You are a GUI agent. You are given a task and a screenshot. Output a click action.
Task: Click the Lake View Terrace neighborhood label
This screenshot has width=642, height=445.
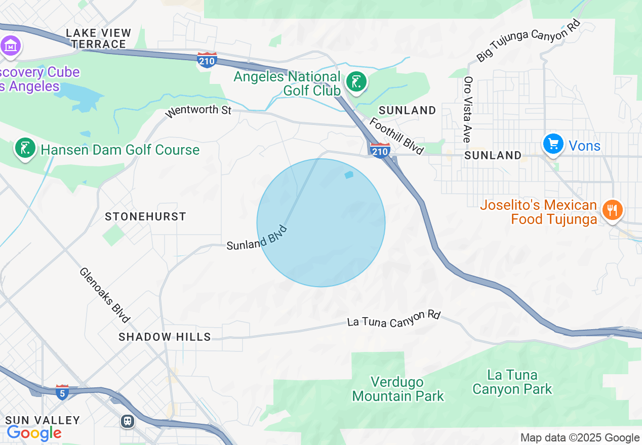pyautogui.click(x=98, y=38)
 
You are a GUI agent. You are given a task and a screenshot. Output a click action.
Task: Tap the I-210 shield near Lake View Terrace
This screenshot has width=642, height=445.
pyautogui.click(x=207, y=60)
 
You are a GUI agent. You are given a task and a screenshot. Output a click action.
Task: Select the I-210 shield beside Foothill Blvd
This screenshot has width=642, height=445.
pyautogui.click(x=380, y=150)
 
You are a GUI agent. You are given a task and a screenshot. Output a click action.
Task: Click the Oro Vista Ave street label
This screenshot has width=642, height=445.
pyautogui.click(x=468, y=109)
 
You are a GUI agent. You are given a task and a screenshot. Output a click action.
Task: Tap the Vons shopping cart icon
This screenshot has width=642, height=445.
pyautogui.click(x=553, y=144)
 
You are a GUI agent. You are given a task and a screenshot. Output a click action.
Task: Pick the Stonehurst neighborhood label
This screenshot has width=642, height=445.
pyautogui.click(x=146, y=216)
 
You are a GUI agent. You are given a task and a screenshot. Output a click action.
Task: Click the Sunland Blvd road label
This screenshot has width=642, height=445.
pyautogui.click(x=257, y=238)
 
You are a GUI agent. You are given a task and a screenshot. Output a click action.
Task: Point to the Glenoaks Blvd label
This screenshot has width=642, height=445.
pyautogui.click(x=105, y=295)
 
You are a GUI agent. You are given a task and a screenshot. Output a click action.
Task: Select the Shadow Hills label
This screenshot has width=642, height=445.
pyautogui.click(x=165, y=337)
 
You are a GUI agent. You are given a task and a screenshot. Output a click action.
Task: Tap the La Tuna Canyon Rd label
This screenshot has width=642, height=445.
pyautogui.click(x=393, y=319)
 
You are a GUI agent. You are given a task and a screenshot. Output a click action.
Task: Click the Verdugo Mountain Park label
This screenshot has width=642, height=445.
pyautogui.click(x=398, y=389)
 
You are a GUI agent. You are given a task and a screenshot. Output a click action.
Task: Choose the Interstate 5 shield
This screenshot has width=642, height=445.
pyautogui.click(x=62, y=392)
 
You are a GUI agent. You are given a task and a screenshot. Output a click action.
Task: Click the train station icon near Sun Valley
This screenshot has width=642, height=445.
pyautogui.click(x=128, y=421)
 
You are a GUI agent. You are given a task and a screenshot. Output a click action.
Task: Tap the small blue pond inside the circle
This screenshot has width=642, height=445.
pyautogui.click(x=348, y=175)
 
